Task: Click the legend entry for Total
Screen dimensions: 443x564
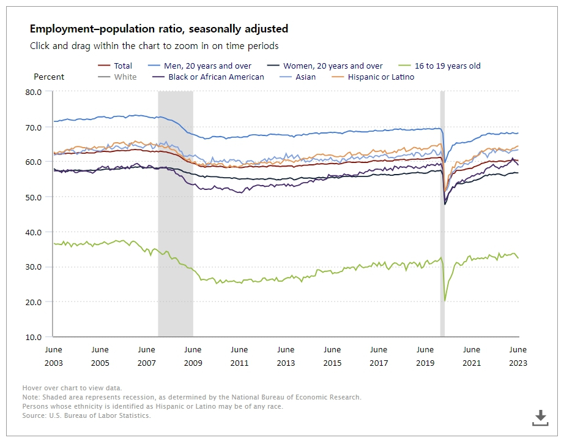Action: tap(123, 66)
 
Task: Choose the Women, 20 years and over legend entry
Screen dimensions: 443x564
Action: tap(333, 66)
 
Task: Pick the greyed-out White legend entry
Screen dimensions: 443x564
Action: tap(125, 77)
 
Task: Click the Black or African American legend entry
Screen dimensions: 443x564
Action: tap(216, 77)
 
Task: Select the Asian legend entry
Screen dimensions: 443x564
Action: tap(306, 77)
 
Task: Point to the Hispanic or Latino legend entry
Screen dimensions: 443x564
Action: tap(380, 77)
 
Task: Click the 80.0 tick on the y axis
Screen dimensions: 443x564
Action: tap(34, 92)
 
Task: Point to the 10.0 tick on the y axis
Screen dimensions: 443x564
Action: tap(34, 337)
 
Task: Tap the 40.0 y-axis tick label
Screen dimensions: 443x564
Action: tap(34, 232)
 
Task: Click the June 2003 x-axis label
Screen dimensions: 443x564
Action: tap(54, 356)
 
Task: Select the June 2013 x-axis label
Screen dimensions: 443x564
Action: tap(286, 356)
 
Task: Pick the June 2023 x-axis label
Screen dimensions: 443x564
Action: tap(518, 356)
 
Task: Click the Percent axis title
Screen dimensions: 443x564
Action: tap(49, 77)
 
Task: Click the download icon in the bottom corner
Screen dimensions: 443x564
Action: tap(540, 418)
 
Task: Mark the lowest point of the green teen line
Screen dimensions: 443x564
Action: tap(445, 301)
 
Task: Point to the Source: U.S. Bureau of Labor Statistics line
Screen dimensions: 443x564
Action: tap(86, 415)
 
